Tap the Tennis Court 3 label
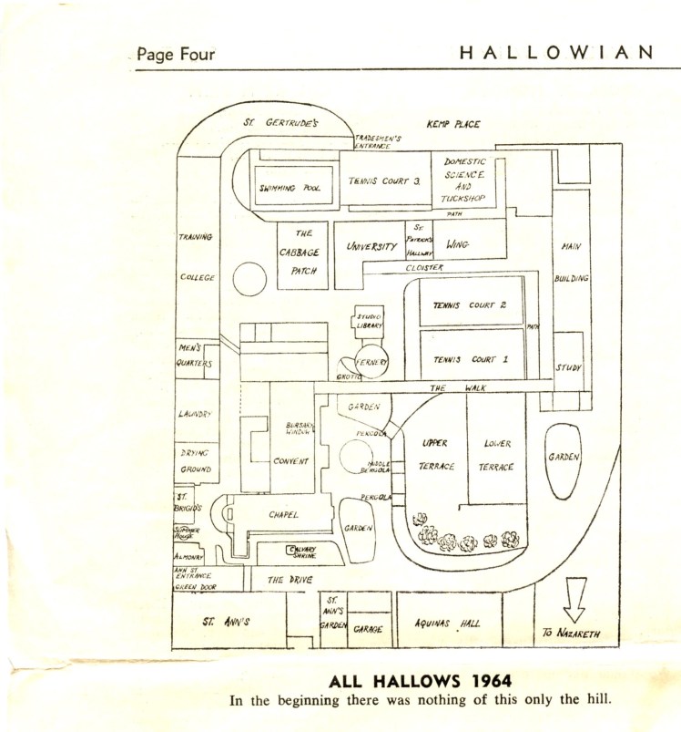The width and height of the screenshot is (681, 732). [384, 180]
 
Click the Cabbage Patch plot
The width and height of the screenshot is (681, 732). [302, 254]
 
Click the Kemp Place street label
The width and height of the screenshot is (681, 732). [453, 124]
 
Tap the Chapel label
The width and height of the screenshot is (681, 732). [283, 515]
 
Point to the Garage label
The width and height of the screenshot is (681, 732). [368, 629]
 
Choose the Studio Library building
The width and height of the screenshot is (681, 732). [369, 321]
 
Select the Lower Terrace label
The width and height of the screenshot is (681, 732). [496, 455]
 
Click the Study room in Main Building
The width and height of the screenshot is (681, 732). [569, 366]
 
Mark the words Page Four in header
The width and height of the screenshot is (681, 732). [177, 55]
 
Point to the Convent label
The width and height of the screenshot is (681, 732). [291, 461]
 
